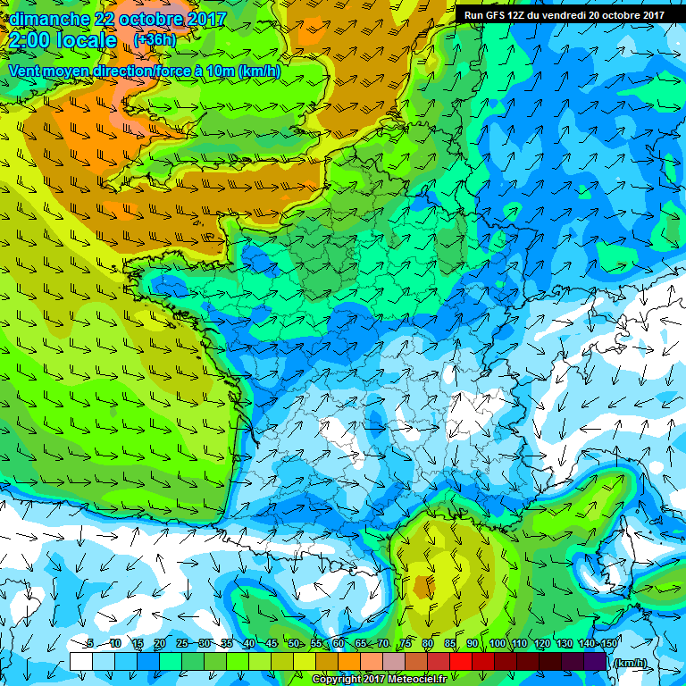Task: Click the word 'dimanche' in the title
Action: pyautogui.click(x=48, y=19)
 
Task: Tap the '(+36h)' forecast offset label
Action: pyautogui.click(x=155, y=40)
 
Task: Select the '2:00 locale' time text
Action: pyautogui.click(x=63, y=40)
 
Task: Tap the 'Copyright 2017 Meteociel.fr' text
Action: pyautogui.click(x=380, y=680)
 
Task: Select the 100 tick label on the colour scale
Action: pyautogui.click(x=498, y=644)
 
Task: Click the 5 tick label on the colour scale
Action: pyautogui.click(x=89, y=644)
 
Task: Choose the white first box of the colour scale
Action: pyautogui.click(x=80, y=661)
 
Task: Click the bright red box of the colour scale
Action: pyautogui.click(x=460, y=661)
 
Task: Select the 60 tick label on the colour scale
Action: pyautogui.click(x=338, y=644)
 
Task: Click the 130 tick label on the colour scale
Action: pyautogui.click(x=565, y=644)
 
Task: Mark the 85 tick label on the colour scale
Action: pyautogui.click(x=449, y=644)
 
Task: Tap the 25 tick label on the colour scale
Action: pyautogui.click(x=181, y=644)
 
